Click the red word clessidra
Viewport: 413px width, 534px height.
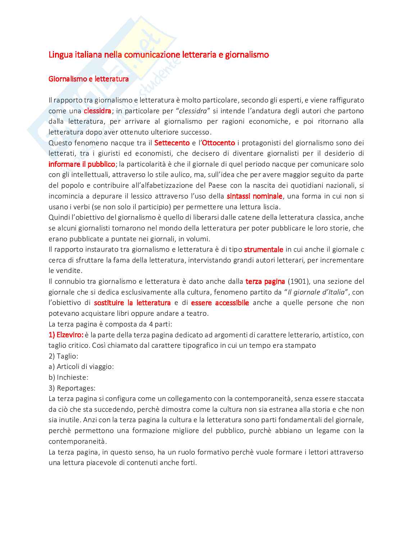tap(97, 111)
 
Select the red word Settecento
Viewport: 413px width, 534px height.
tap(172, 143)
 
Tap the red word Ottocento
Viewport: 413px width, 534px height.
tap(218, 143)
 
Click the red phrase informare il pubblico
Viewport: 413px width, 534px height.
tap(82, 164)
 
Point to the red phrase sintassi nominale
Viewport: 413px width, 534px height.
tap(254, 196)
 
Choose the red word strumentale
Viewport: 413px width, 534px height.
tap(263, 249)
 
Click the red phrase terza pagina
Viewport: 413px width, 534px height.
tap(265, 281)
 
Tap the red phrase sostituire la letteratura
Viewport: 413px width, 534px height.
tap(132, 303)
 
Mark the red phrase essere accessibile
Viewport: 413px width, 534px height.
tap(220, 303)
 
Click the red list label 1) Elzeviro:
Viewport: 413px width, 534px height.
tap(66, 335)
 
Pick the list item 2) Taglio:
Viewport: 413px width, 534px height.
tap(63, 356)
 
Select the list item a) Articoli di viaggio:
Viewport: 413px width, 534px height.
tap(81, 367)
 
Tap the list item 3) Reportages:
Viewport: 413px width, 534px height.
tap(72, 388)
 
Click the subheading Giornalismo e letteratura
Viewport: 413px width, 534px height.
tap(88, 79)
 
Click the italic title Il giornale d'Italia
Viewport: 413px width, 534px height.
tap(316, 292)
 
